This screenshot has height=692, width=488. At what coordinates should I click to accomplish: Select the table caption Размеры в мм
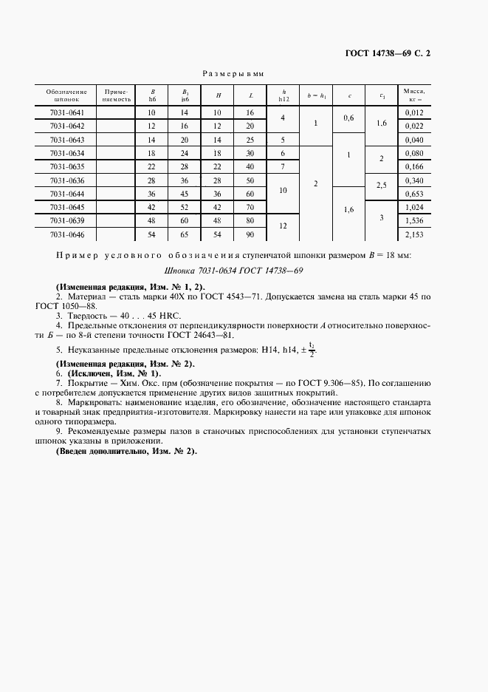tap(234, 74)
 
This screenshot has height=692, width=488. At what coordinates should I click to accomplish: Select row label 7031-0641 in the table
tap(66, 112)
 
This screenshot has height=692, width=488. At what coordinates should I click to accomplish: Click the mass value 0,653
tap(414, 193)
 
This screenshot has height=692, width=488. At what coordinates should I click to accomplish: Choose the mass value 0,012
tap(414, 112)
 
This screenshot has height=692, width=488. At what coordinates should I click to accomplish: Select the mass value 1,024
tap(414, 207)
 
